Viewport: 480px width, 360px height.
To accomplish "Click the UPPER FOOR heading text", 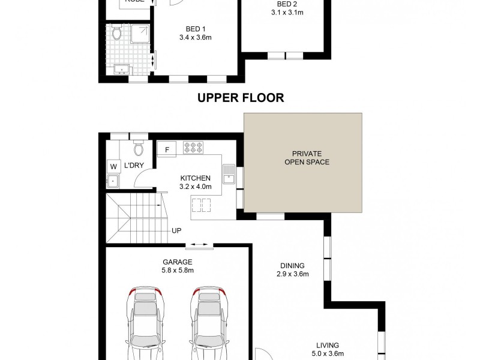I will click(x=241, y=98).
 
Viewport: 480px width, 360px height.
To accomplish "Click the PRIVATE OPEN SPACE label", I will click(x=302, y=158).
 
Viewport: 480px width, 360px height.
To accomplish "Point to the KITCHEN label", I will click(x=196, y=178).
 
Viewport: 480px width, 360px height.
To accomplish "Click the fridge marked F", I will click(x=167, y=148).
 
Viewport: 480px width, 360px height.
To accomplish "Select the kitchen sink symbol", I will click(x=229, y=174).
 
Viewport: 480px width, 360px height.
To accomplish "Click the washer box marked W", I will click(x=113, y=167).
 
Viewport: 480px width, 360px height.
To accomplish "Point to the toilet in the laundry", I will click(x=139, y=148).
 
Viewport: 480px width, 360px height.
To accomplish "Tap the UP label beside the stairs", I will click(x=177, y=230).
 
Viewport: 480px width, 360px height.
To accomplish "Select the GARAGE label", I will click(x=177, y=262).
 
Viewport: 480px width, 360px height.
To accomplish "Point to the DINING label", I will click(x=292, y=266).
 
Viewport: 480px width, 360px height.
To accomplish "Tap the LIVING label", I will click(x=328, y=345).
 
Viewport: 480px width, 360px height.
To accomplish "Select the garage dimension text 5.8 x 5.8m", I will click(x=177, y=270).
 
